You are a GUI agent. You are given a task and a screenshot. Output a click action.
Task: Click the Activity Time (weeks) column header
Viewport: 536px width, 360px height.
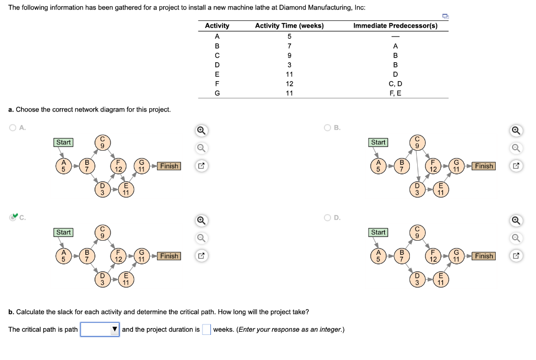point(289,26)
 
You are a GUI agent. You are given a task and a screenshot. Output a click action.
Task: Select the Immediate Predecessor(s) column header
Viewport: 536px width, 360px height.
point(395,26)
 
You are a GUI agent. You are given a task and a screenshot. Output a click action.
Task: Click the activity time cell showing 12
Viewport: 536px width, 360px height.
point(289,84)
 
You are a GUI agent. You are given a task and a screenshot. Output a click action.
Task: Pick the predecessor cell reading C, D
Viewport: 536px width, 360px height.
point(395,84)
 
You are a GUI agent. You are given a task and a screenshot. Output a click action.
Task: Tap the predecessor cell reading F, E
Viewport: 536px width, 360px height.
point(395,93)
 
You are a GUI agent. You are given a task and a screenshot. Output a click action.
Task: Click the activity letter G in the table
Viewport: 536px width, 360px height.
point(217,93)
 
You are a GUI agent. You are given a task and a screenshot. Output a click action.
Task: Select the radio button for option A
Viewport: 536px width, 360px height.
point(12,127)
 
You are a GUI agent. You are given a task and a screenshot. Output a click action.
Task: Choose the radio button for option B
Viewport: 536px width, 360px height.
point(327,127)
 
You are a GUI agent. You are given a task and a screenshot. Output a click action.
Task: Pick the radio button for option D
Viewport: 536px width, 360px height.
point(327,217)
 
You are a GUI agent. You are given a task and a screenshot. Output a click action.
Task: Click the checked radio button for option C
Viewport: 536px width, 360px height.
point(13,217)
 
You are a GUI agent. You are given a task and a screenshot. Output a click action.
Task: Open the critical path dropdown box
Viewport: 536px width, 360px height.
point(99,329)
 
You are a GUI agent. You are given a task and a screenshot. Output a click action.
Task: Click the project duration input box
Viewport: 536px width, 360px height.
point(206,329)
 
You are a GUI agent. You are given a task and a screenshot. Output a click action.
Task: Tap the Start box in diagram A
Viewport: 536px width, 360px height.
point(64,142)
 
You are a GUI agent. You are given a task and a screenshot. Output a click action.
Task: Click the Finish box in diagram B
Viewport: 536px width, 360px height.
point(484,166)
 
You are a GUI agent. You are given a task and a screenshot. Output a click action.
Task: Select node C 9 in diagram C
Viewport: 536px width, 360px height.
point(102,232)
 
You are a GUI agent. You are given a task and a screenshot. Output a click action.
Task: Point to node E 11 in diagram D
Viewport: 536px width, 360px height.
point(441,279)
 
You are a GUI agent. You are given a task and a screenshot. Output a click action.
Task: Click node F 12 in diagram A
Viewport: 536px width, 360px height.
point(119,166)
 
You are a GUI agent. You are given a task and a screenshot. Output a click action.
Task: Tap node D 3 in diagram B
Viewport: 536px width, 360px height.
point(417,189)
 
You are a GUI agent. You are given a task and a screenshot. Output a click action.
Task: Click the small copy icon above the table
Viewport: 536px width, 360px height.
point(445,17)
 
